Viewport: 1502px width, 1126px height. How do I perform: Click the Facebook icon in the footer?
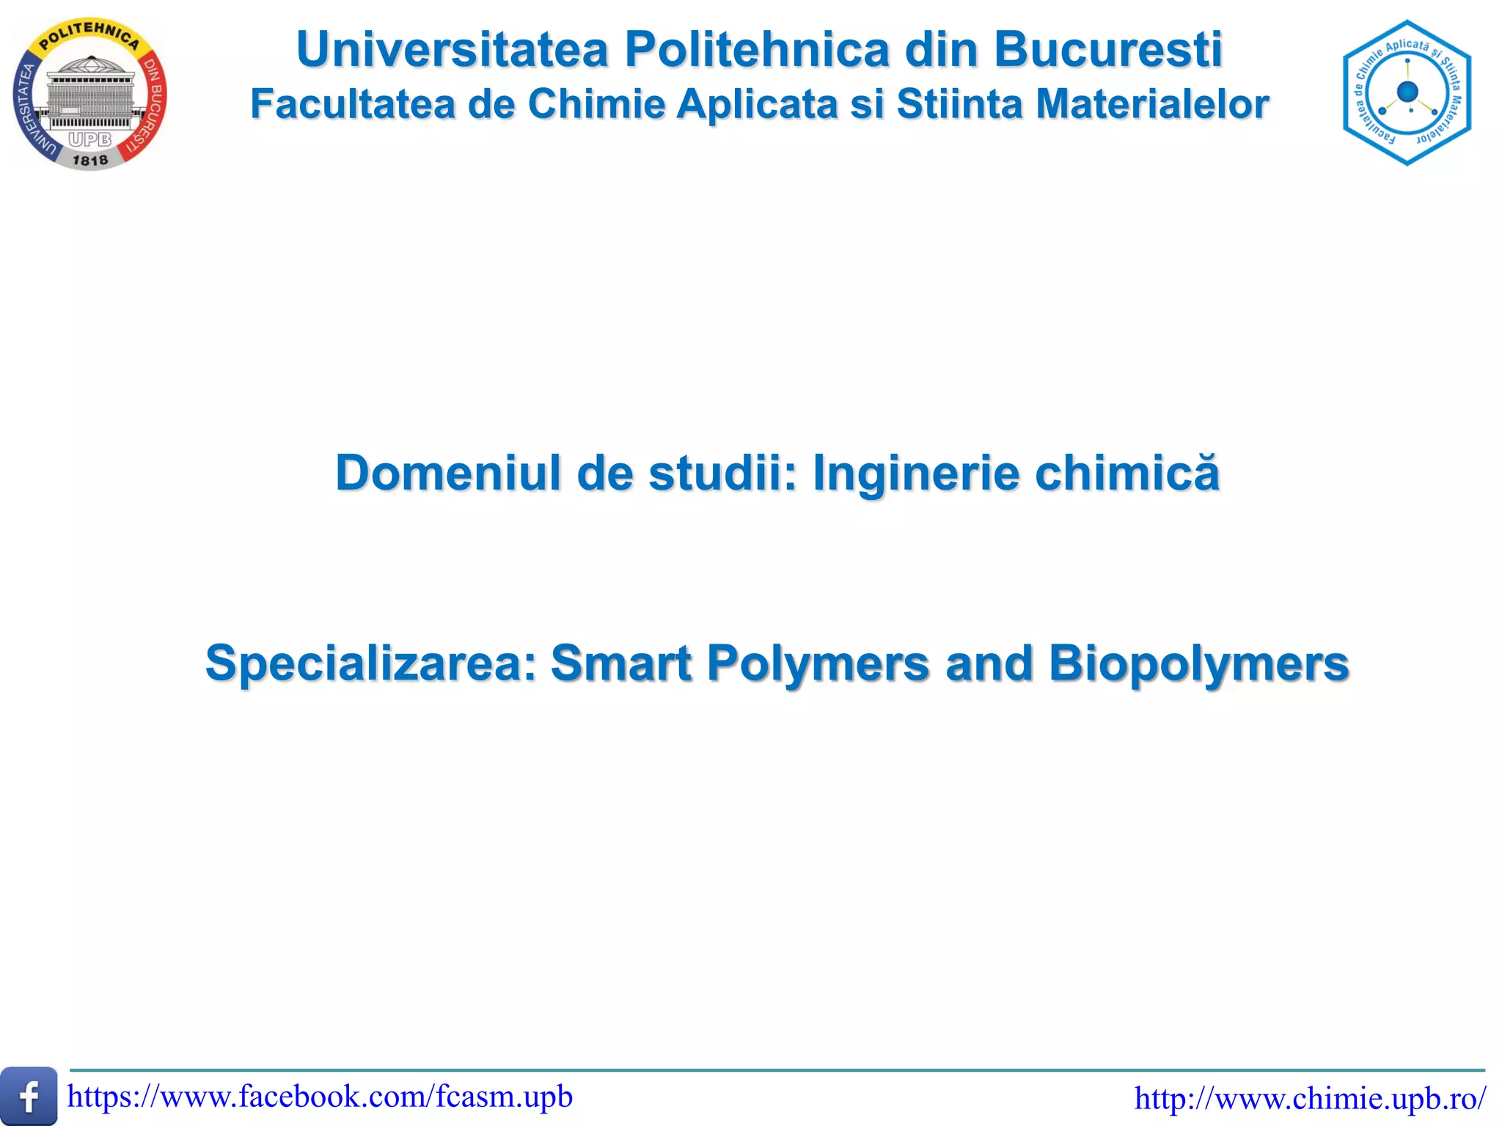[x=29, y=1097]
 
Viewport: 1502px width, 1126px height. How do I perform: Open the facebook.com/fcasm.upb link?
[x=320, y=1097]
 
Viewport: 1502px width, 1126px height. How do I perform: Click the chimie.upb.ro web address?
[x=1310, y=1098]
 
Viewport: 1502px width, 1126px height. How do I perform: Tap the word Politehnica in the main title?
[x=756, y=50]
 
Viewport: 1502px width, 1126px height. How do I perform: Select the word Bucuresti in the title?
[x=1108, y=50]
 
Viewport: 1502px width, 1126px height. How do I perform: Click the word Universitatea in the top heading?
[x=453, y=50]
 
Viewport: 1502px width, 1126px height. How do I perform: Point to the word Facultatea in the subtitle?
[x=353, y=104]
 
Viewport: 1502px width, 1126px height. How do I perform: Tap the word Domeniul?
[x=449, y=473]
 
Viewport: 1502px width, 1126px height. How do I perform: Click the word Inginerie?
[x=916, y=473]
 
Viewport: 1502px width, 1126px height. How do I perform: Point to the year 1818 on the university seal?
[x=90, y=160]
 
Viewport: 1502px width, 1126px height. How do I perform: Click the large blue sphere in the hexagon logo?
[x=1407, y=92]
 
